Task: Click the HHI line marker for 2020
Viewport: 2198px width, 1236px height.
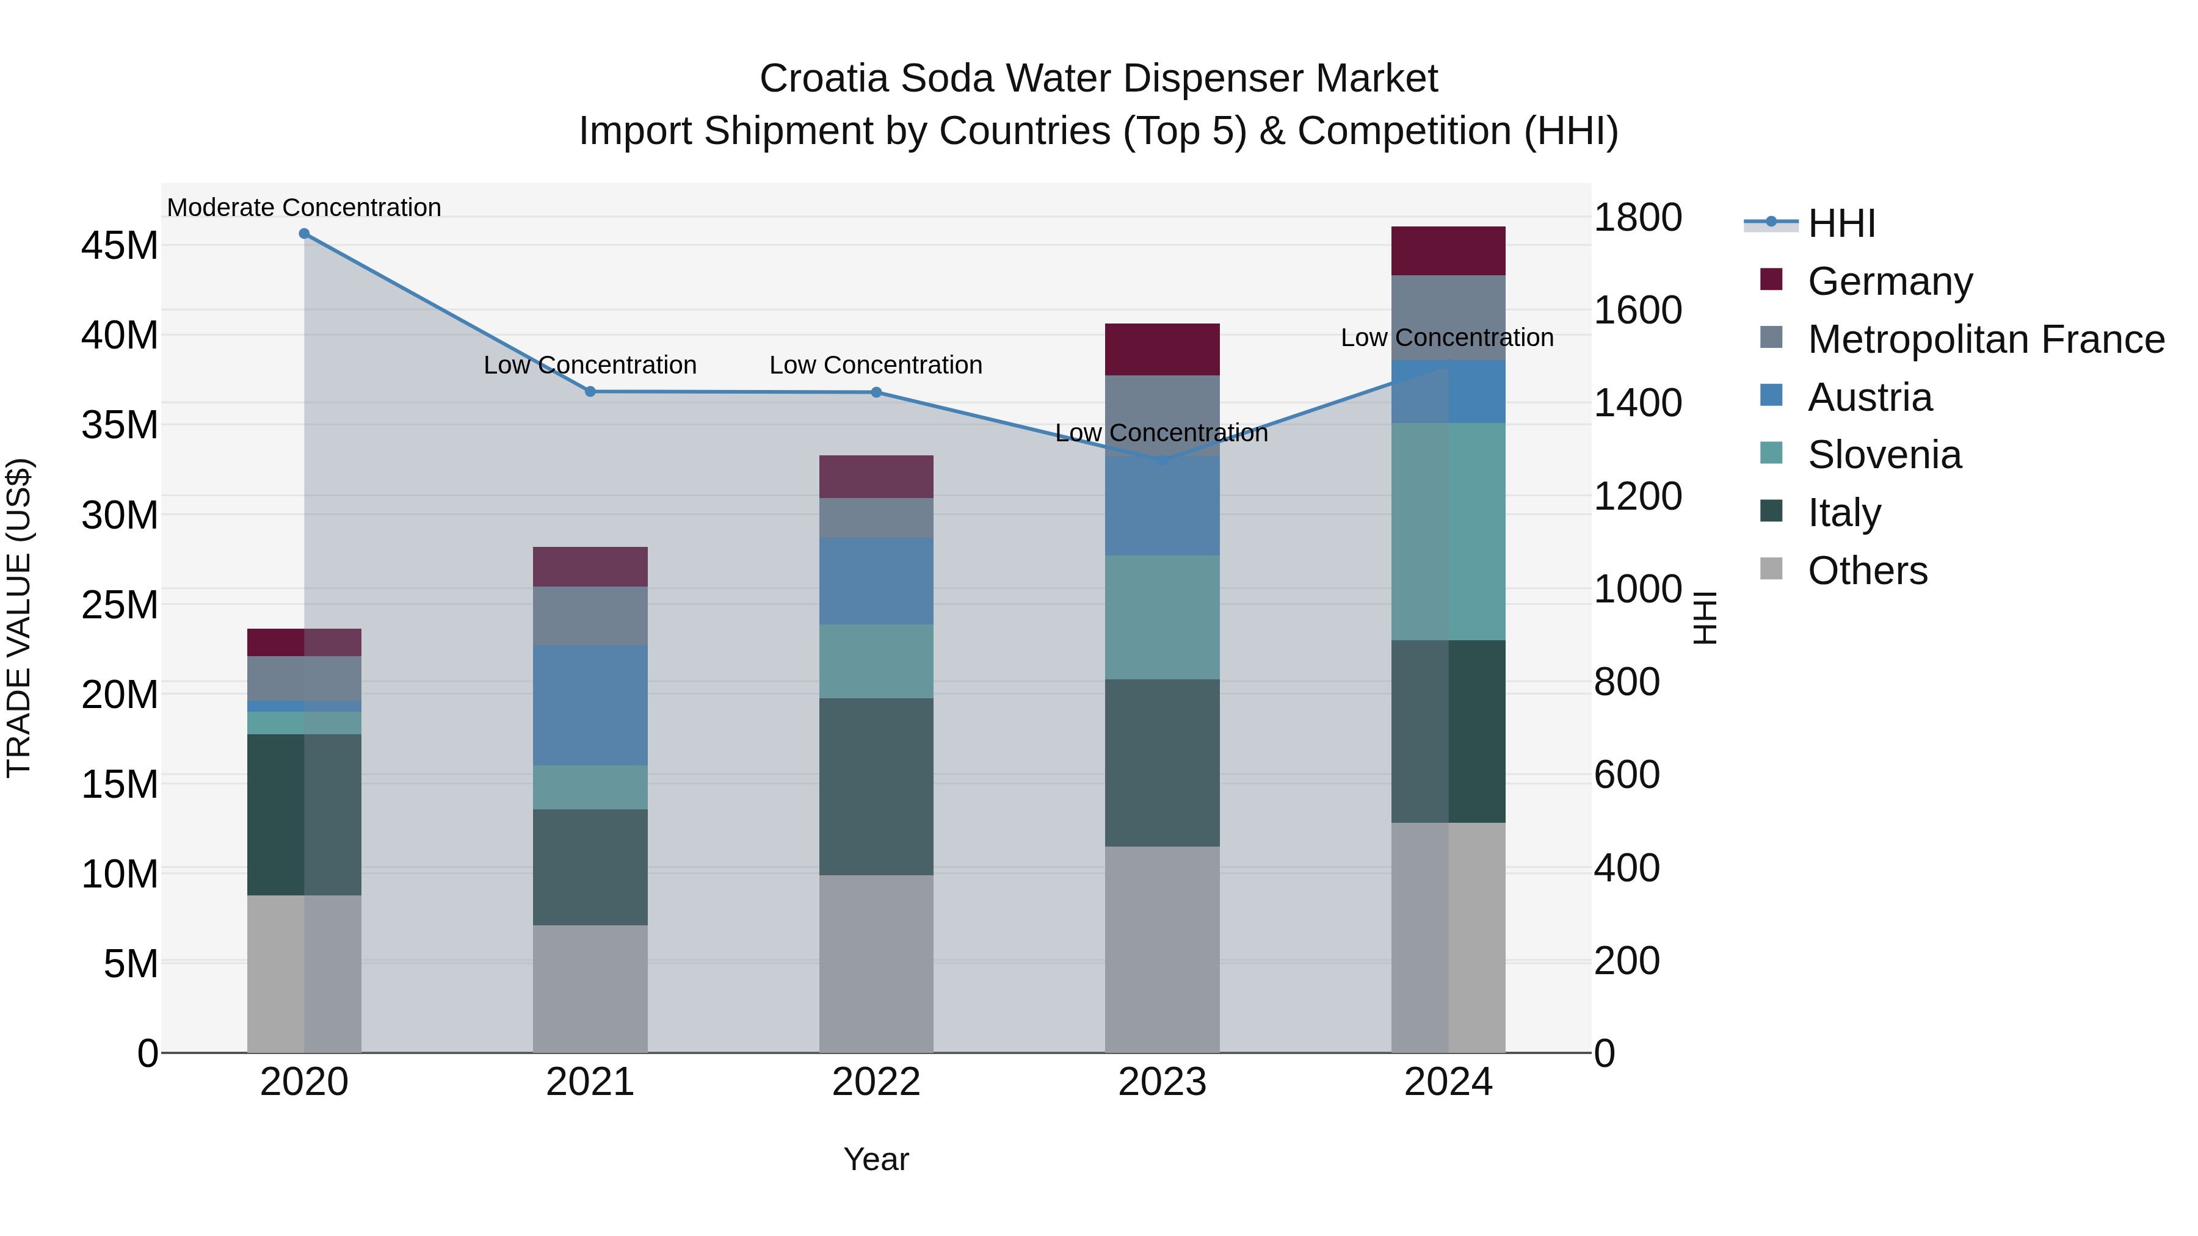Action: point(304,234)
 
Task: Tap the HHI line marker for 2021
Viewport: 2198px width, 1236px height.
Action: point(590,391)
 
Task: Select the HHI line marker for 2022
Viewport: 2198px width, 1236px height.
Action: point(876,392)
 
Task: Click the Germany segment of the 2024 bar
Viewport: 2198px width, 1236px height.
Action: point(1448,251)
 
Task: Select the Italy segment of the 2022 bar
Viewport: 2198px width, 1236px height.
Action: point(876,787)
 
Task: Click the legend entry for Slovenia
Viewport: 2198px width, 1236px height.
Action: point(1884,455)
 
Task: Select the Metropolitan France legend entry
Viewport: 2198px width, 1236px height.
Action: point(1986,339)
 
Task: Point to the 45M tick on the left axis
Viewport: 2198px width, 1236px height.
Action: point(120,245)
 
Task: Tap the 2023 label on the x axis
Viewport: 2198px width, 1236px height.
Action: point(1162,1082)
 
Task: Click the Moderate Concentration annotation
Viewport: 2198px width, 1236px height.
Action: point(304,208)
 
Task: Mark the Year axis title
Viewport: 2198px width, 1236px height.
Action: point(876,1159)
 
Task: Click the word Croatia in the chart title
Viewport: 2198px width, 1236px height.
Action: point(824,79)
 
